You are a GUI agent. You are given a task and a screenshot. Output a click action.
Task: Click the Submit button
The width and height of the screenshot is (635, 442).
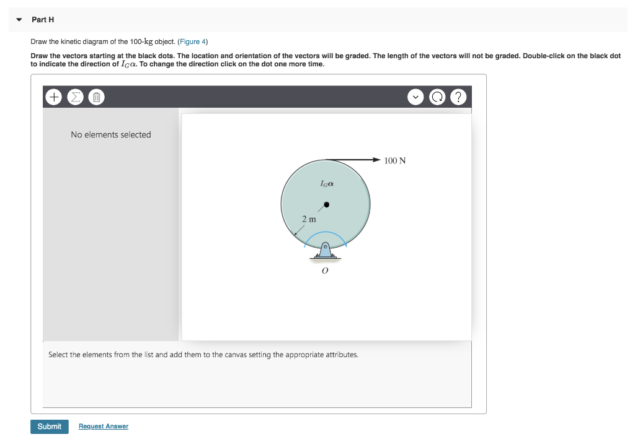click(49, 427)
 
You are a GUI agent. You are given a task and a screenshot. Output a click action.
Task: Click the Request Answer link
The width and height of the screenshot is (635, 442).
click(104, 427)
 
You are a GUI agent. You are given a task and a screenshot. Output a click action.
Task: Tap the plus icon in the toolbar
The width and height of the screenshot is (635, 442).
click(54, 97)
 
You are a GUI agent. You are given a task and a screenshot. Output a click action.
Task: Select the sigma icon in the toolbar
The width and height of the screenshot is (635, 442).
click(75, 97)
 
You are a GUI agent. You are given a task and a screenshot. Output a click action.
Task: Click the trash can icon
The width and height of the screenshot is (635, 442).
click(96, 97)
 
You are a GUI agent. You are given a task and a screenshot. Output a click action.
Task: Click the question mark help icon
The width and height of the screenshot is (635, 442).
click(458, 97)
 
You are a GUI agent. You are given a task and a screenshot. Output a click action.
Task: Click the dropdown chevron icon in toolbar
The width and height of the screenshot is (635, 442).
click(415, 97)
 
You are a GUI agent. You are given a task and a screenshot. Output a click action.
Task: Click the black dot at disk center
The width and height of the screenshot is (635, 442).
click(326, 204)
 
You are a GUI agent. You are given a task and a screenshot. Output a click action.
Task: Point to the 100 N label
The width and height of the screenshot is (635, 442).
click(395, 161)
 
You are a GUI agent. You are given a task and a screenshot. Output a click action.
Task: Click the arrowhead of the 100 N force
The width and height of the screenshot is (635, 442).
click(376, 160)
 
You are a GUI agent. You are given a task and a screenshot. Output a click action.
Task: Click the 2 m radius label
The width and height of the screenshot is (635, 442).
click(308, 219)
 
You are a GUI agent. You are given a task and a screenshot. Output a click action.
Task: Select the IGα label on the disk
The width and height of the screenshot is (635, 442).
click(327, 184)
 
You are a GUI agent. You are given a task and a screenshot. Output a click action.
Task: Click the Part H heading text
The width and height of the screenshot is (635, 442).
click(43, 20)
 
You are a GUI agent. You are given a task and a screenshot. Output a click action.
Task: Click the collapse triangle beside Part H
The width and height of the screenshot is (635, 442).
click(20, 20)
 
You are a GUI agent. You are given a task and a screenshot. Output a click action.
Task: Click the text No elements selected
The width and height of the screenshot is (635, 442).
click(111, 134)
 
